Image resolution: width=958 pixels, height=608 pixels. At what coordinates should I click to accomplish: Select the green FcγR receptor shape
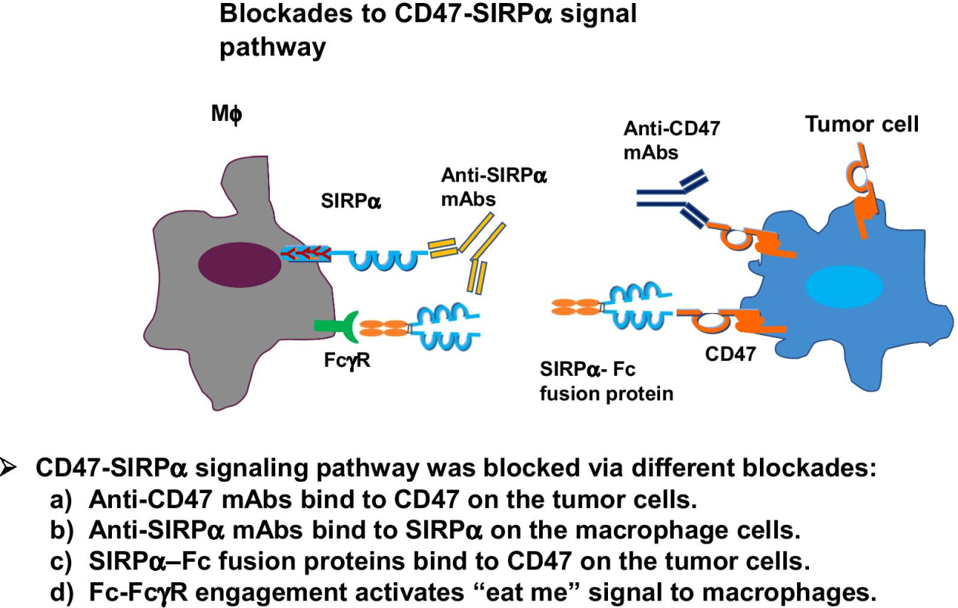click(x=333, y=326)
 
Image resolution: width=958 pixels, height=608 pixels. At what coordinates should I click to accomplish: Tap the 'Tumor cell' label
click(x=862, y=124)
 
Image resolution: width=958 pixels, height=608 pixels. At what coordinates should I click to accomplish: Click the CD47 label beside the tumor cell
click(x=730, y=353)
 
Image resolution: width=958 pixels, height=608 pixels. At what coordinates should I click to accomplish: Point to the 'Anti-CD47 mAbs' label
click(x=671, y=140)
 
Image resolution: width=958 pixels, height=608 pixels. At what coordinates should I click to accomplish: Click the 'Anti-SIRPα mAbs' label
click(x=494, y=187)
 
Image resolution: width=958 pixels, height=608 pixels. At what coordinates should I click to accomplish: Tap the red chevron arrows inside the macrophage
click(x=305, y=254)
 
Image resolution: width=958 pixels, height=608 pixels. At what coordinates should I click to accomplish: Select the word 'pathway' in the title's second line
click(x=272, y=48)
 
